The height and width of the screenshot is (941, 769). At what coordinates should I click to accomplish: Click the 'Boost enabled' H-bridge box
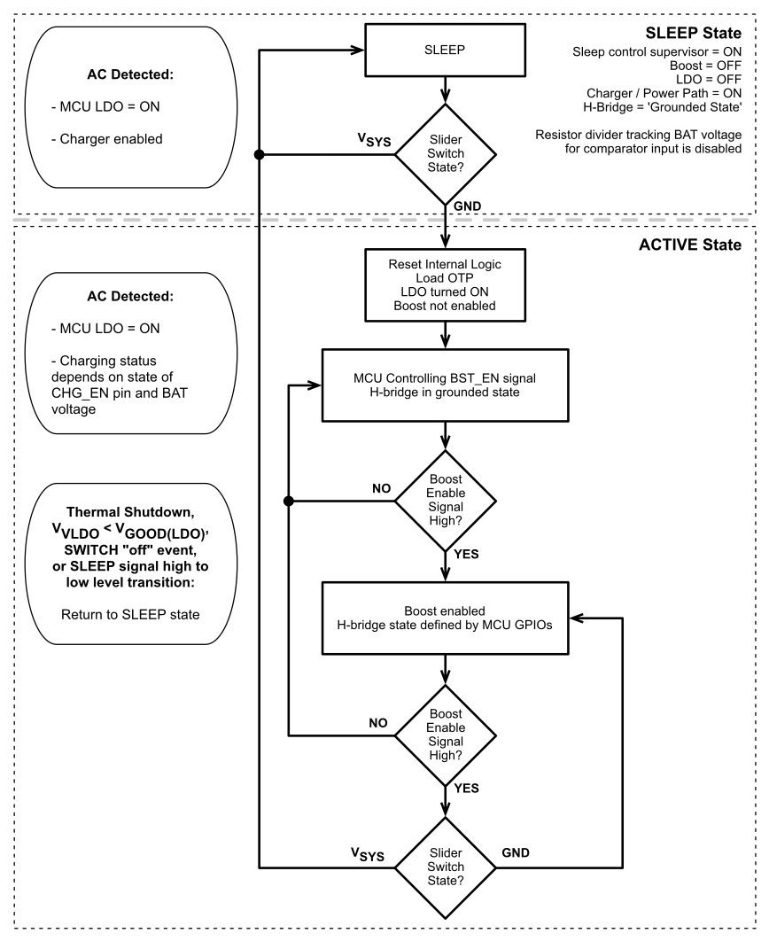pyautogui.click(x=445, y=618)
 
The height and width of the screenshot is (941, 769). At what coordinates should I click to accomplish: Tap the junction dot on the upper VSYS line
pyautogui.click(x=259, y=154)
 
